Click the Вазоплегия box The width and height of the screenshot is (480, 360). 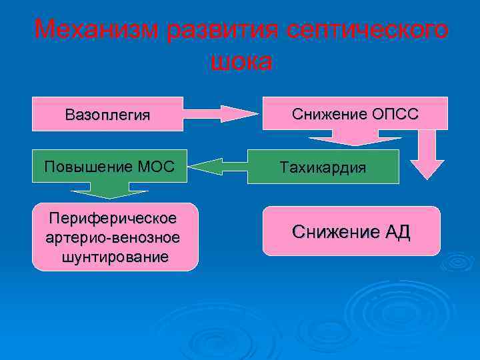108,114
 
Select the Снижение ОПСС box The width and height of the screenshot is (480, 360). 355,114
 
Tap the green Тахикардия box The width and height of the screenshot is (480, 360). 323,167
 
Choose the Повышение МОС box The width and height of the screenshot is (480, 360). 108,166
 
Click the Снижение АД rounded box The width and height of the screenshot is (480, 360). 351,231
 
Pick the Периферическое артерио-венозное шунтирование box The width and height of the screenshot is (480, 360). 115,237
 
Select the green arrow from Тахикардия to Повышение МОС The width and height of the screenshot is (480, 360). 217,167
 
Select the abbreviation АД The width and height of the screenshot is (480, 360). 398,232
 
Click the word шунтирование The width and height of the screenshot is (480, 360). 115,257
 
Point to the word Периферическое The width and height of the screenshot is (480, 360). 115,218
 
